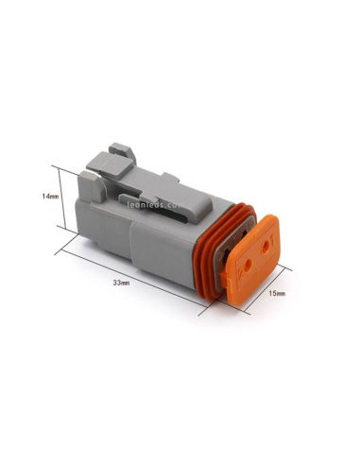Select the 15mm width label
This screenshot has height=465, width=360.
click(x=278, y=294)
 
